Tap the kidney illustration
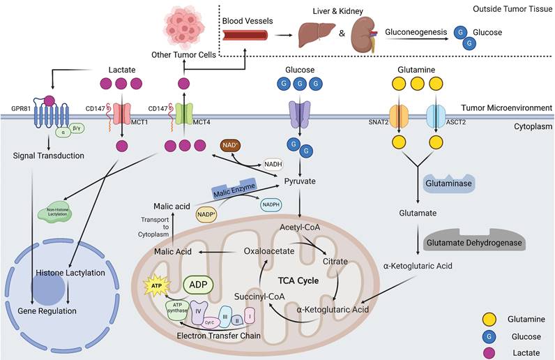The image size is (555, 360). (x=364, y=33)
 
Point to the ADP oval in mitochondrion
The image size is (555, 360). (x=197, y=285)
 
